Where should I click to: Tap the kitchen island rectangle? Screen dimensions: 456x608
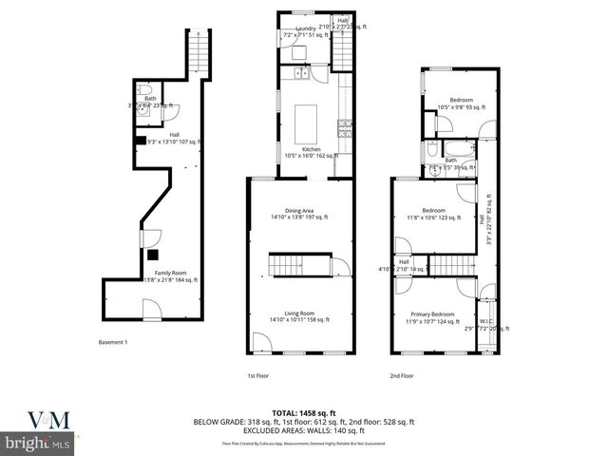click(306, 123)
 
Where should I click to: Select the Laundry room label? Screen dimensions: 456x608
click(305, 29)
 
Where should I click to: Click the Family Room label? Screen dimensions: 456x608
click(145, 273)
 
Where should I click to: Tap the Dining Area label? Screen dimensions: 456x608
click(300, 211)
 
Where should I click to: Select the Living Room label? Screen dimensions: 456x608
click(300, 314)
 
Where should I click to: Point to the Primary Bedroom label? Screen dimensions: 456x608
click(432, 314)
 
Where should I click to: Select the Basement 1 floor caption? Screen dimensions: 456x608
click(112, 342)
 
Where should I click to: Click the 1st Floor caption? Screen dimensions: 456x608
click(258, 375)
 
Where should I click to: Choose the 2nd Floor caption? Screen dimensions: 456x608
click(402, 375)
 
